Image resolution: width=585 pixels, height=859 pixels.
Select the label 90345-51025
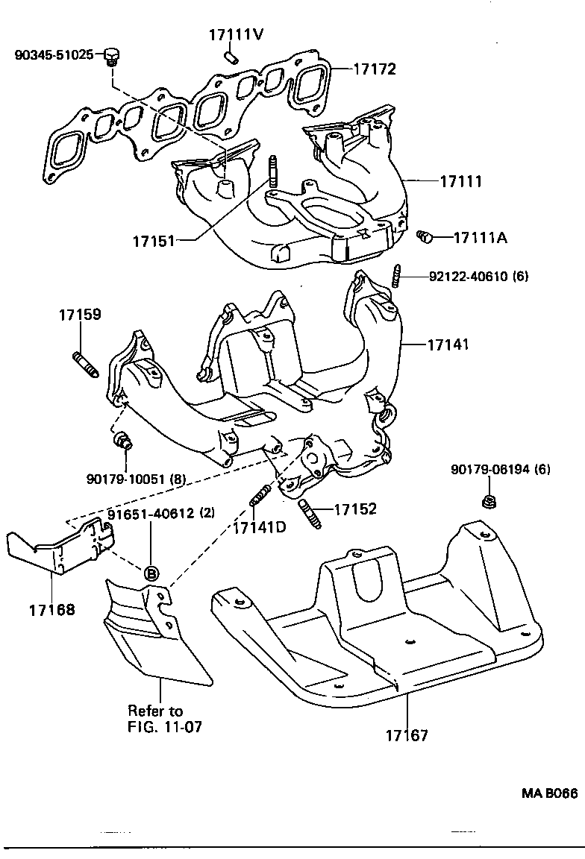(54, 55)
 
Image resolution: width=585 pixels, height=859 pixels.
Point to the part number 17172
(374, 69)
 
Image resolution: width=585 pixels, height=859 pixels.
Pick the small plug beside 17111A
(425, 237)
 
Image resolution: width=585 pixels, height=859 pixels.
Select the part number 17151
(154, 241)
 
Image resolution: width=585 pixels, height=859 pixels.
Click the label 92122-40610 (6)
(478, 277)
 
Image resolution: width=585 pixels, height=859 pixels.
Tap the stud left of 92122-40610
(398, 277)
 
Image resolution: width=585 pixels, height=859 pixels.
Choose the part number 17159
(80, 315)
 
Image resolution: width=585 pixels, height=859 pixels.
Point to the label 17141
(448, 345)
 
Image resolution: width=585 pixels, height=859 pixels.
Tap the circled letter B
(150, 573)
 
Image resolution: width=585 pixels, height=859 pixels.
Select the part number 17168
(52, 610)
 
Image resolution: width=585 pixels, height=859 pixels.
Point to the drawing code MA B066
(548, 793)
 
